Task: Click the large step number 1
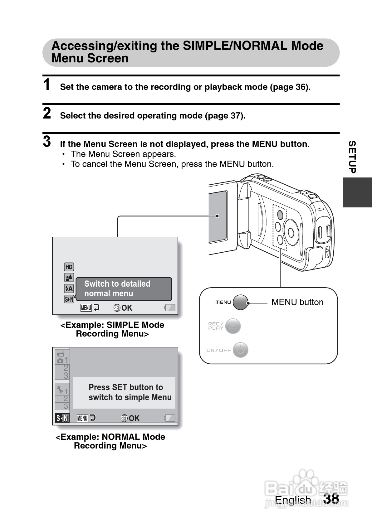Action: [x=47, y=85]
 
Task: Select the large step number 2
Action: [x=47, y=113]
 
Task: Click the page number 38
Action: [x=331, y=498]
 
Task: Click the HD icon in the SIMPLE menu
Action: [x=69, y=267]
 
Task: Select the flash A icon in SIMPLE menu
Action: [x=69, y=289]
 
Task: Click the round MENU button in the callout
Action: [x=240, y=302]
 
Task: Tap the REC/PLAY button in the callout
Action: [x=232, y=326]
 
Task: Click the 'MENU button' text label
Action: [x=297, y=302]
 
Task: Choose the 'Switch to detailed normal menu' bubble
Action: [x=124, y=289]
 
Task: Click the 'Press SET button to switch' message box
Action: [x=124, y=392]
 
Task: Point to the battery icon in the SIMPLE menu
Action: [x=170, y=308]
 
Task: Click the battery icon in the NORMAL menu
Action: [x=170, y=418]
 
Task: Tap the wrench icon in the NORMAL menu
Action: [x=60, y=390]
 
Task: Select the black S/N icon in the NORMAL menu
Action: [x=62, y=418]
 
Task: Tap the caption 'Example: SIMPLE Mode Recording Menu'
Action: [x=112, y=329]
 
